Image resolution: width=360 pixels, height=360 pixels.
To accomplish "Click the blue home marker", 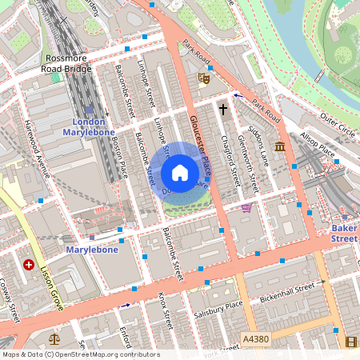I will click(180, 173).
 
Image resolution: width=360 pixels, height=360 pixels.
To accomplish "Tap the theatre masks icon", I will click(203, 78).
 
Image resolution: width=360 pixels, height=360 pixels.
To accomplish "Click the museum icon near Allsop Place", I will click(280, 146).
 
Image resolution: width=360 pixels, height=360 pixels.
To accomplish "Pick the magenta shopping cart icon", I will click(246, 208).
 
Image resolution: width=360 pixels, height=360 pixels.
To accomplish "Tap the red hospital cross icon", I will click(29, 264).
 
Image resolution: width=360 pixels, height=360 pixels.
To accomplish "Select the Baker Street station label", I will click(345, 233).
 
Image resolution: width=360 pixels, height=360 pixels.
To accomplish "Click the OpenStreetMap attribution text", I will click(80, 354).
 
